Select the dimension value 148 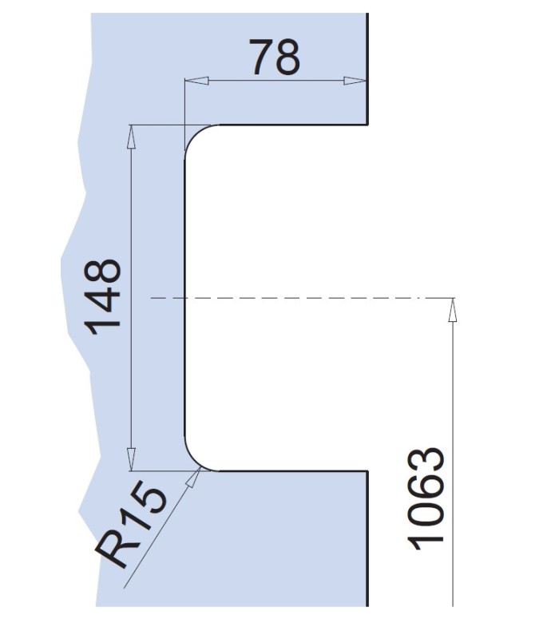(x=102, y=296)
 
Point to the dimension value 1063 (x=425, y=498)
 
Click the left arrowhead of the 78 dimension (x=196, y=81)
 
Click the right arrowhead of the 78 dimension (x=355, y=81)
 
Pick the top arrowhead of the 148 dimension (x=131, y=137)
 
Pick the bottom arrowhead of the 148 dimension (x=131, y=458)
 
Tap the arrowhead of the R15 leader (x=193, y=477)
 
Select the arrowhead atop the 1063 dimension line (x=452, y=310)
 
